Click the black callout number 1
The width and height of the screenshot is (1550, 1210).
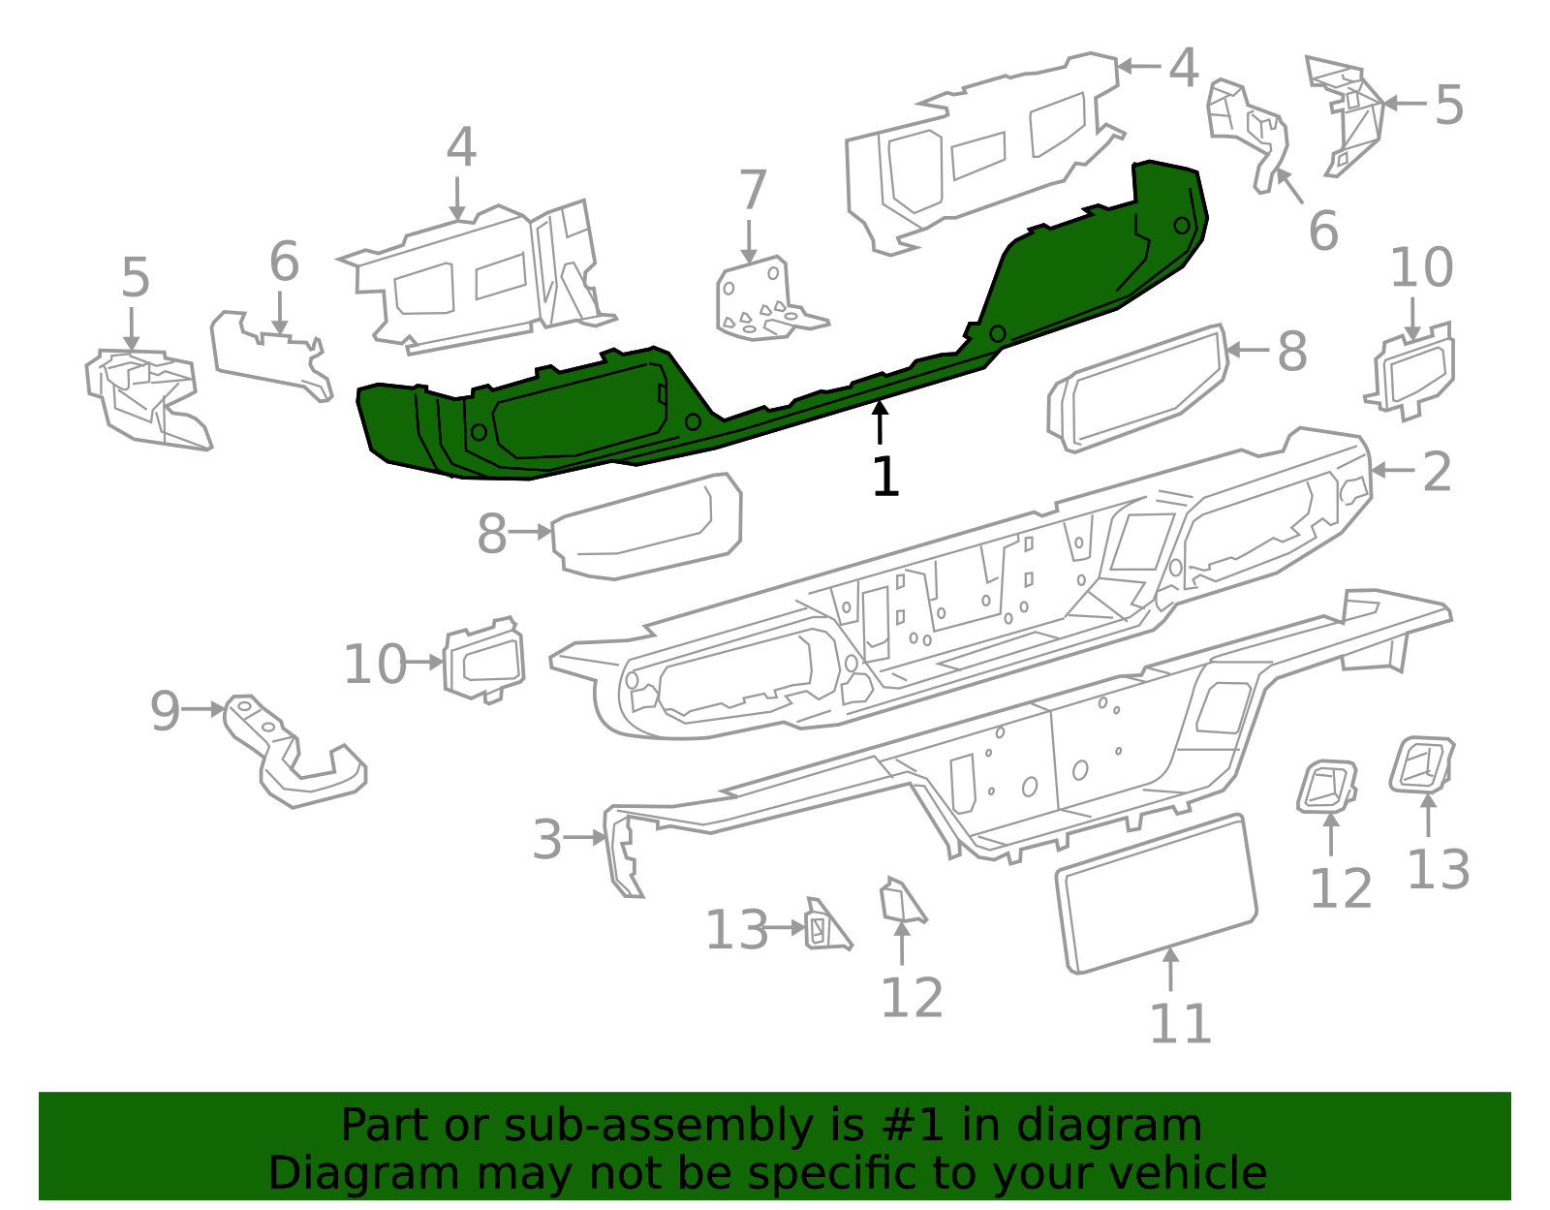tap(885, 478)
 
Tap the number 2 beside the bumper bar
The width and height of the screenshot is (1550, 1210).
tap(1437, 472)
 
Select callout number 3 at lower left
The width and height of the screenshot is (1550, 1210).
tap(547, 840)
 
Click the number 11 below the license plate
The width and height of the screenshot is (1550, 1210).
tap(1180, 1024)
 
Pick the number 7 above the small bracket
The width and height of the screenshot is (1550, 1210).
tap(753, 190)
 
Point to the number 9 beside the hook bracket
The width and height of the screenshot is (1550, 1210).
tap(165, 711)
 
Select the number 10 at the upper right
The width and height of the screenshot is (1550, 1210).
tap(1421, 268)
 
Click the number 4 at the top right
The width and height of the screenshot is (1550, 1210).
tap(1184, 68)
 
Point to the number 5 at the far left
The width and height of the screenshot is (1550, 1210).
tap(136, 278)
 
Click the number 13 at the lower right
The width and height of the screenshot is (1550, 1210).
tap(1438, 869)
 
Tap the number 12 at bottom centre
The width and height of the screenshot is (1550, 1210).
tap(912, 998)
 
